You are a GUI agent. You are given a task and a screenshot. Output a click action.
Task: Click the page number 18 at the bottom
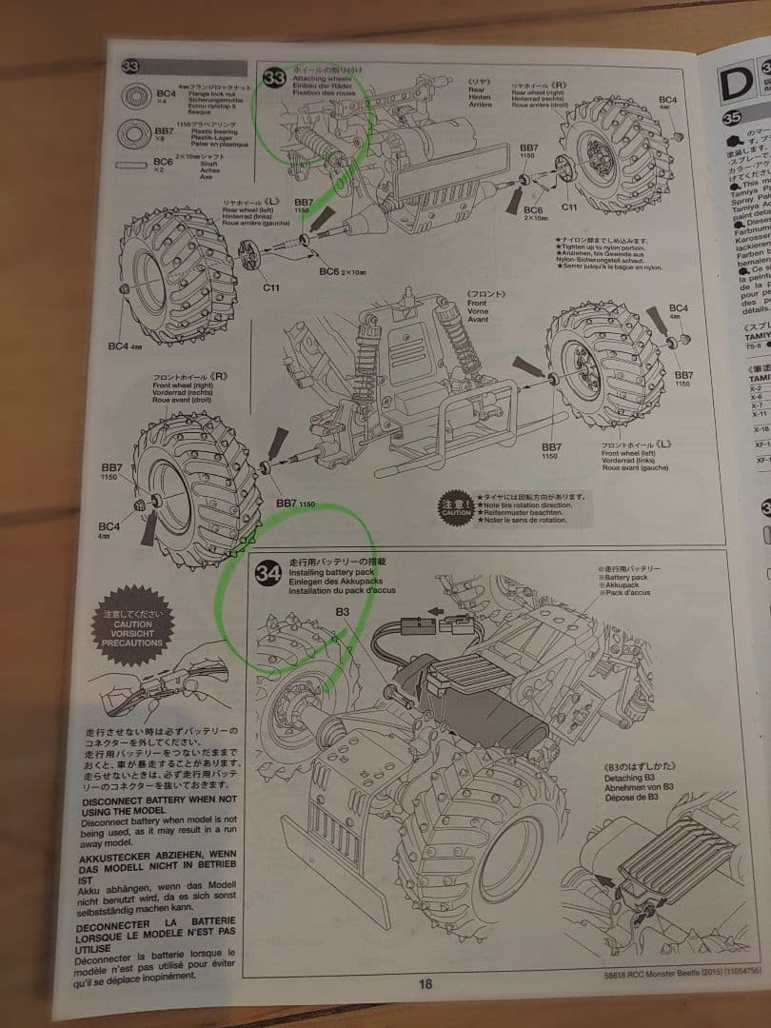(425, 984)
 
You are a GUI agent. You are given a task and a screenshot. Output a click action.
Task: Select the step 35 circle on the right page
(733, 118)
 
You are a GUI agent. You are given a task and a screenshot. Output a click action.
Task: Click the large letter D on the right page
(736, 84)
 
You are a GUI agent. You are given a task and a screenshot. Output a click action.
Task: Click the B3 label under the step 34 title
(343, 612)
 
